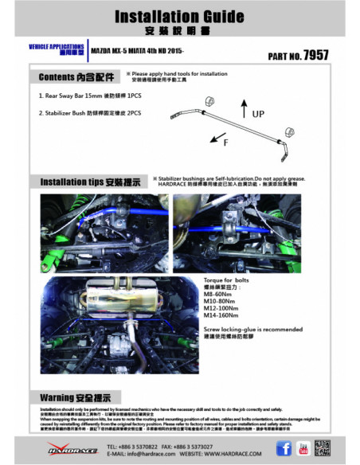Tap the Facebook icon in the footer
283,448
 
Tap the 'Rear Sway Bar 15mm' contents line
80,96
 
